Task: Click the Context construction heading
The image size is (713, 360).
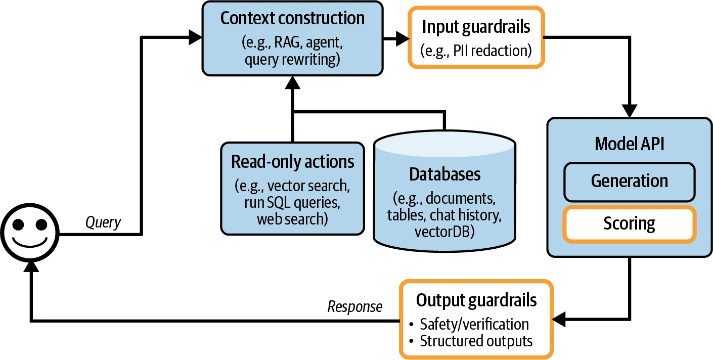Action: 292,18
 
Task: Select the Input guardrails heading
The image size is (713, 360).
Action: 476,27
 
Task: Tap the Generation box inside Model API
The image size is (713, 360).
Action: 629,182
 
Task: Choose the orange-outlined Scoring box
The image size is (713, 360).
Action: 629,224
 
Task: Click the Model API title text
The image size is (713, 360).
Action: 629,144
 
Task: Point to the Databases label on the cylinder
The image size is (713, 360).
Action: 444,174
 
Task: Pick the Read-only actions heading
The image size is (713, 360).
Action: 292,162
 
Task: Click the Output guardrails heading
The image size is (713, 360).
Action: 476,300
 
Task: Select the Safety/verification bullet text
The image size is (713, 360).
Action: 474,324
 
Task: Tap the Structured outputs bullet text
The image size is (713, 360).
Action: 476,341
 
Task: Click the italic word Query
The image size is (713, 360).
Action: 103,222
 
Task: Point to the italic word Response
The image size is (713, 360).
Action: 355,307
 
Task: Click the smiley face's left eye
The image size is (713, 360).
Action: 18,224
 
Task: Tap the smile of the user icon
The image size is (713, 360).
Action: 30,243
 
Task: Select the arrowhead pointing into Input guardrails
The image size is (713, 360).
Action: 403,38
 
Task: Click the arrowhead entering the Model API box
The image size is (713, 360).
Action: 629,111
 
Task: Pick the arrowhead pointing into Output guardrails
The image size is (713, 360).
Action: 558,319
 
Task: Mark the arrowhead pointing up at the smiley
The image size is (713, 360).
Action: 31,267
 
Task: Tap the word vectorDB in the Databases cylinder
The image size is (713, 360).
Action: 442,232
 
